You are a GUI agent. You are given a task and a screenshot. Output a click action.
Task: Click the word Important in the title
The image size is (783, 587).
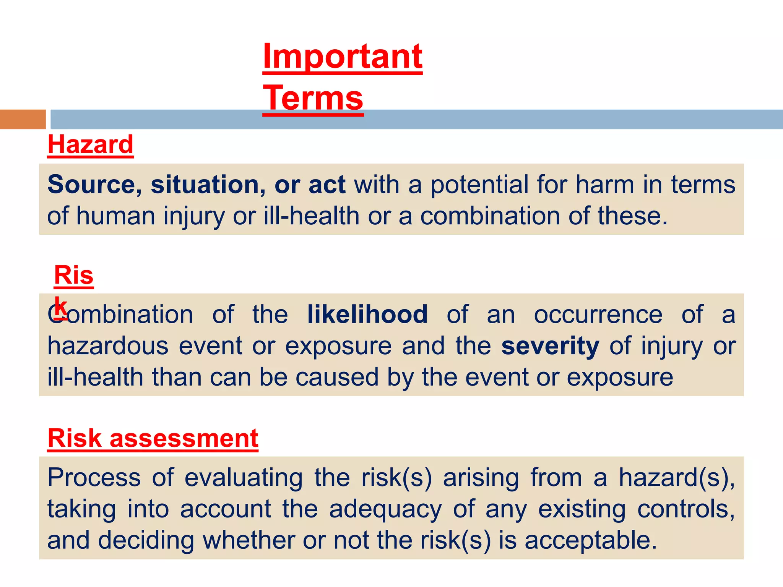point(343,56)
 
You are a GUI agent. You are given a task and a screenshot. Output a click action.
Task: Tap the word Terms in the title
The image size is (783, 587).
point(313,98)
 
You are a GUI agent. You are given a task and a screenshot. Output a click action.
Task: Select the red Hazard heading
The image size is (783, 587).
point(90,145)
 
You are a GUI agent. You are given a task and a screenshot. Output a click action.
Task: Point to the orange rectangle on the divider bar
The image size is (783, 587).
point(23,119)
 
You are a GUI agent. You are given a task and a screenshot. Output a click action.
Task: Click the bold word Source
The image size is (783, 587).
point(91,185)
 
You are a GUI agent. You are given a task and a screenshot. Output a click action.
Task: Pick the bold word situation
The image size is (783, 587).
point(204,185)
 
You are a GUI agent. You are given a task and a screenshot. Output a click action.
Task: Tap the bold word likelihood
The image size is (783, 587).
point(367,315)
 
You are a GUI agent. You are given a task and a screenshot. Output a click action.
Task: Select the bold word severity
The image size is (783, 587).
point(550,346)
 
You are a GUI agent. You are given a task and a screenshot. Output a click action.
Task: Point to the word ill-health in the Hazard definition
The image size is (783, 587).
point(312,216)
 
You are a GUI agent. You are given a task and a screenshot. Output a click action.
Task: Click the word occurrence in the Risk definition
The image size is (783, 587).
point(598,315)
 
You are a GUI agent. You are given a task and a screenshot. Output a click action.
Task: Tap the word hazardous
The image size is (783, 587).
point(108,346)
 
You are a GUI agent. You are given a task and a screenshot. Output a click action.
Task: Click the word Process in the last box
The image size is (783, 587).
point(94,478)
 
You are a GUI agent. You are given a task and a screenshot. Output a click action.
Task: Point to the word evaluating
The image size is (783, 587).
point(244,478)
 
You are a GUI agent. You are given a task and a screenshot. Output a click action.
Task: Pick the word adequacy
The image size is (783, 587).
point(385,509)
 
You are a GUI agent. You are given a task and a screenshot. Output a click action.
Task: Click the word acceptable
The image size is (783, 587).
point(591,540)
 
